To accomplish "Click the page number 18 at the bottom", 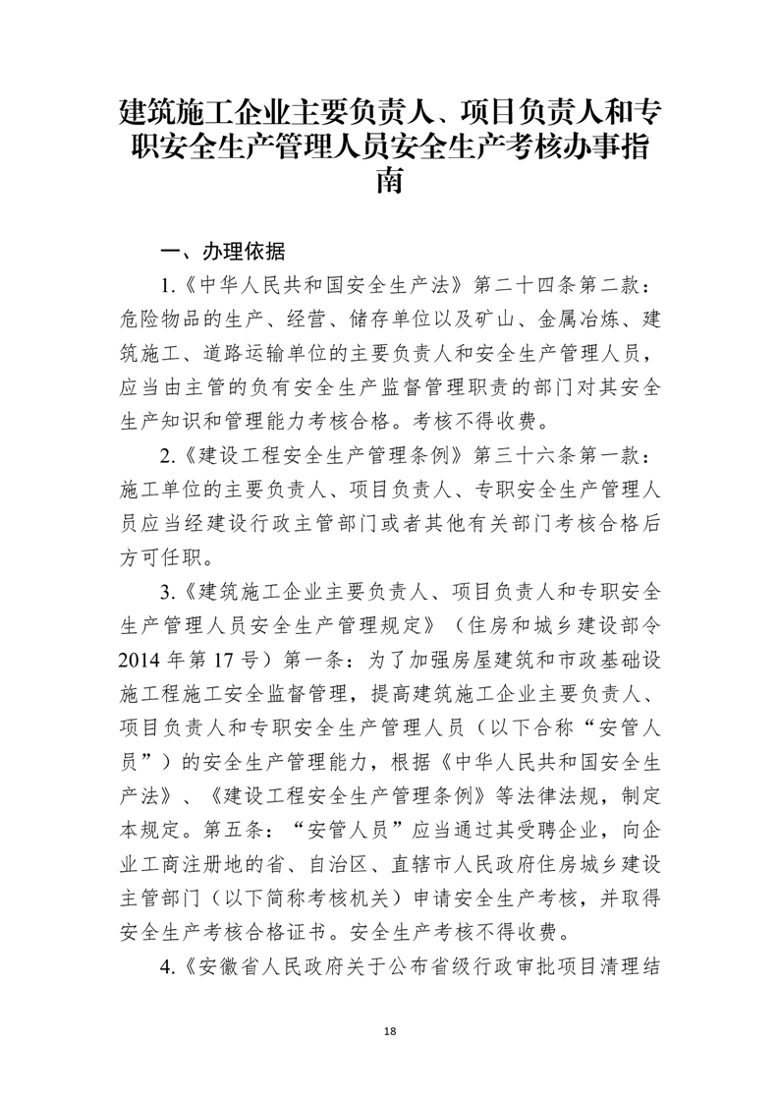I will [x=390, y=1030].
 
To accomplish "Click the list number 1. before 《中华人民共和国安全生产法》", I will [x=167, y=285].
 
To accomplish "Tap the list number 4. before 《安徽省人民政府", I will [x=167, y=964].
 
